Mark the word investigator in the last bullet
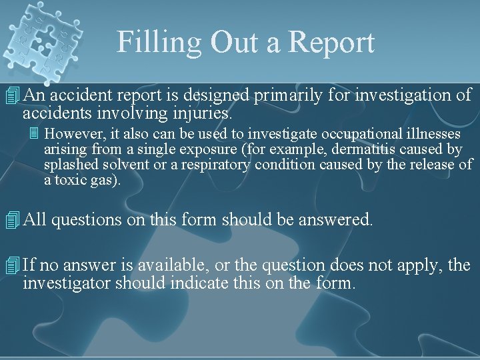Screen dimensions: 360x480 coord(65,284)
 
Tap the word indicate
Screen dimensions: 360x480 coord(192,284)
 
